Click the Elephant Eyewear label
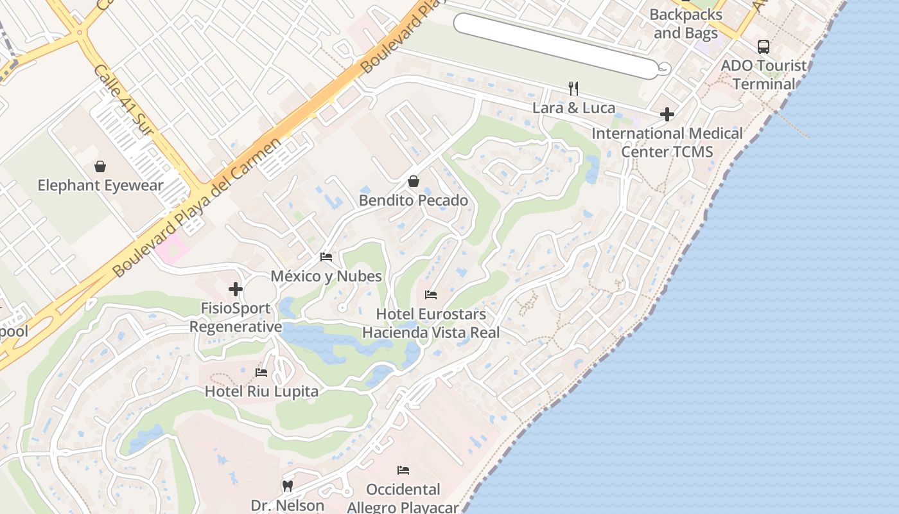point(100,186)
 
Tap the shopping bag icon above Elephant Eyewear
point(100,167)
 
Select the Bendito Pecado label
point(414,200)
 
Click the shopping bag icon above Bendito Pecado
point(414,182)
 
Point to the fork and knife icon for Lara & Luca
point(573,89)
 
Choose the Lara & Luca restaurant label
point(573,108)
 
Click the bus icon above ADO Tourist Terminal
point(763,47)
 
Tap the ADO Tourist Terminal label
point(764,75)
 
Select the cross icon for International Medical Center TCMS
point(667,115)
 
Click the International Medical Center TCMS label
point(667,142)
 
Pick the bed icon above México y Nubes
point(326,257)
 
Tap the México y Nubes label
point(326,276)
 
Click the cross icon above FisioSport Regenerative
point(236,289)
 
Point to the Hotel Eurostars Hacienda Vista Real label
point(431,323)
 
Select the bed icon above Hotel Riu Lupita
point(261,373)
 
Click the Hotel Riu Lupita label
point(261,391)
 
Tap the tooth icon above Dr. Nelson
point(288,486)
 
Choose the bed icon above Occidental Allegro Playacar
point(403,470)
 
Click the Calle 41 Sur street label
point(123,100)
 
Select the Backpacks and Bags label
point(686,23)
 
